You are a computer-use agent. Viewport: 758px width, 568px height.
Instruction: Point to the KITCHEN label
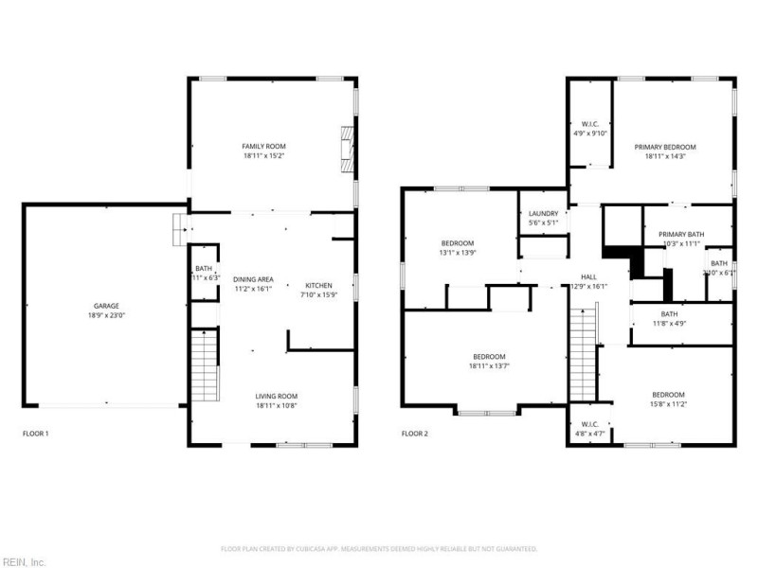(317, 285)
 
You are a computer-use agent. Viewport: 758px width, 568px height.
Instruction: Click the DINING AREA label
(253, 279)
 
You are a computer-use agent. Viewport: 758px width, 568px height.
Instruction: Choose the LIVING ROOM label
(277, 396)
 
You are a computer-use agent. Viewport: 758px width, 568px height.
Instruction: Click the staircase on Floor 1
(204, 367)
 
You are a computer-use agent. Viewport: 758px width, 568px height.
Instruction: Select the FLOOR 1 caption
(35, 434)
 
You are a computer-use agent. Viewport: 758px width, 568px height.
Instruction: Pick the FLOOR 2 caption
(414, 434)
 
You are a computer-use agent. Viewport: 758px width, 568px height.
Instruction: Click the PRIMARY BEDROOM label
(664, 147)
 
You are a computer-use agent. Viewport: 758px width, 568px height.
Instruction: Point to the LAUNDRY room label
(543, 213)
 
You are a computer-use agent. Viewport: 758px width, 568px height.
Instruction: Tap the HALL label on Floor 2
(587, 277)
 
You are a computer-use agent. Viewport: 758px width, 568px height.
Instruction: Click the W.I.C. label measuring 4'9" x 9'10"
(589, 124)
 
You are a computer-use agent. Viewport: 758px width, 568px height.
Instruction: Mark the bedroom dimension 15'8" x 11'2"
(667, 404)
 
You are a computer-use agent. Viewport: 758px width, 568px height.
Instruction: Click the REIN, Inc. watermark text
(26, 561)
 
